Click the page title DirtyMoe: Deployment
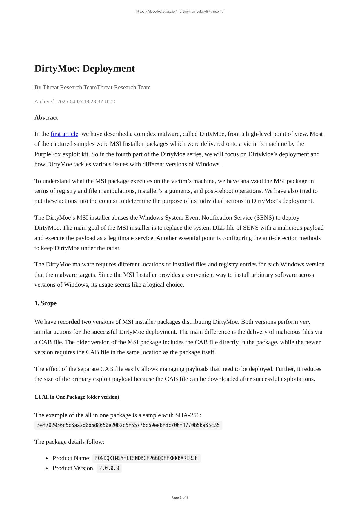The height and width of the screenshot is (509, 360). tap(84, 68)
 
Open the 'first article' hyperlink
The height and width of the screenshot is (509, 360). tap(64, 134)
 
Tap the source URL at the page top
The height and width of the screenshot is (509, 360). tap(180, 12)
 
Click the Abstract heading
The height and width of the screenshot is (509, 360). tap(46, 118)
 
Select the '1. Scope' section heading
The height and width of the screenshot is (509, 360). tap(46, 303)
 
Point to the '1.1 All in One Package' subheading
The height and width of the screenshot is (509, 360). tap(77, 397)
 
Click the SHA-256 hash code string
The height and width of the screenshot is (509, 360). tap(128, 426)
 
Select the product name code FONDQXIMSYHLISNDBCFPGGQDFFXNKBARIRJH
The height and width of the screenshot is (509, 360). tap(146, 458)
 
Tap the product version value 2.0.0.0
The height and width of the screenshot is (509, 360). tap(109, 468)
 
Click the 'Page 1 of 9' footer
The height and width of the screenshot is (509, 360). tap(180, 497)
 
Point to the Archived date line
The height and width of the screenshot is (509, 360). tap(74, 101)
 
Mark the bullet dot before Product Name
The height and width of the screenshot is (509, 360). tap(47, 459)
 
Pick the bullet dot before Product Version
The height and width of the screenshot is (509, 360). tap(47, 468)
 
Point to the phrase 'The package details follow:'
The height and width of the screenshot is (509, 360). tap(69, 442)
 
